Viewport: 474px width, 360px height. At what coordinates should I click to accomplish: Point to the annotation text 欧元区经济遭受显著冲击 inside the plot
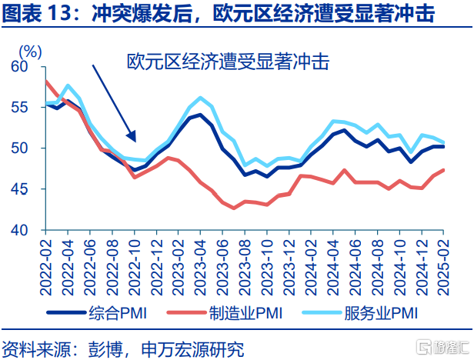point(227,62)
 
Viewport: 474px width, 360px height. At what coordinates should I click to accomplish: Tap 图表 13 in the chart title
point(38,14)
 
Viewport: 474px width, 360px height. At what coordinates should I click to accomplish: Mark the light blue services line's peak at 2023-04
point(202,98)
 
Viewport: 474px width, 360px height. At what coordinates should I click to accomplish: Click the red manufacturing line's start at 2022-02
point(47,82)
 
